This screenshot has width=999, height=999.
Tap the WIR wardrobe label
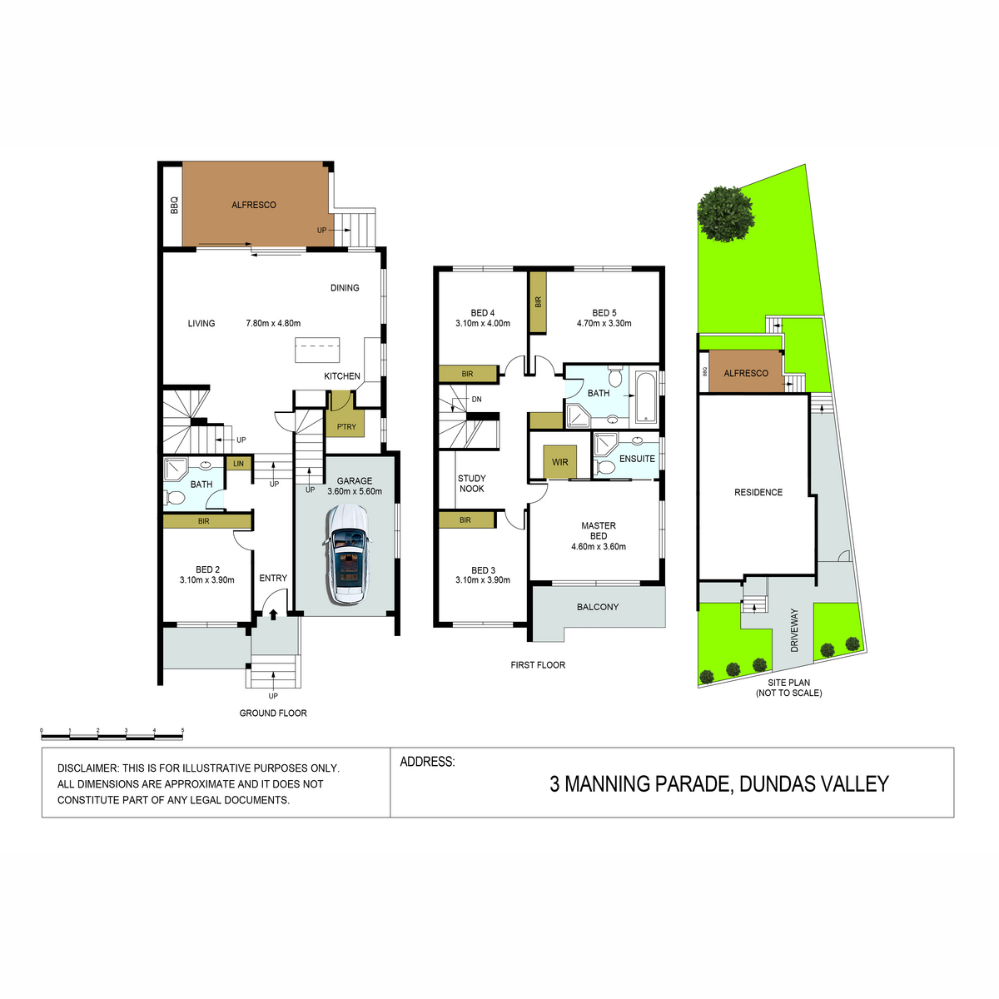559,462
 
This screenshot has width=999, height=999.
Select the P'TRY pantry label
346,427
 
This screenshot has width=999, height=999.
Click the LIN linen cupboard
238,464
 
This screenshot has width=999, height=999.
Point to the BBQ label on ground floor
174,205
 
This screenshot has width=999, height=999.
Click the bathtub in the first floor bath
646,396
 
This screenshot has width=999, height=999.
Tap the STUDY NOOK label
472,483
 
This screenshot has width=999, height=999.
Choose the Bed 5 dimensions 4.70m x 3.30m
604,324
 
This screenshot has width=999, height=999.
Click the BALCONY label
598,607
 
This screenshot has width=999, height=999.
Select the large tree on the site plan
725,214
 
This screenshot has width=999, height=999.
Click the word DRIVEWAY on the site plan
794,630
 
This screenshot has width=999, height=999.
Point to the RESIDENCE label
758,493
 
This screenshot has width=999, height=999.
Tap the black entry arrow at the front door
273,614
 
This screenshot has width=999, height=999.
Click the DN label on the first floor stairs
476,400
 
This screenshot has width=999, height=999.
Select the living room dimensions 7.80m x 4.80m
273,324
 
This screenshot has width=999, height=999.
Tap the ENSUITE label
637,459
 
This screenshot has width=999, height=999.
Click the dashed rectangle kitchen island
317,350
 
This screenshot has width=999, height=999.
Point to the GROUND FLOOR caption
273,713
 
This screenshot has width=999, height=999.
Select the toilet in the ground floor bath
175,498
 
